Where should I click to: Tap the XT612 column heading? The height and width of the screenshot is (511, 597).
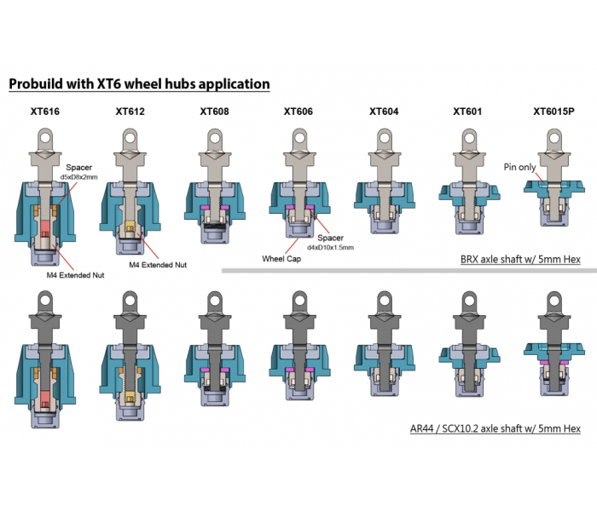(x=130, y=112)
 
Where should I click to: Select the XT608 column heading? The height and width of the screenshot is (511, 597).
(x=215, y=112)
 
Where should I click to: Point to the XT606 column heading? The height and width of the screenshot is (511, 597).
(x=299, y=112)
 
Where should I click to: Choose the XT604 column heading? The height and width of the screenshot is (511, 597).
(x=384, y=112)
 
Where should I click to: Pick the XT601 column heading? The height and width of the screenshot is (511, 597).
(x=467, y=112)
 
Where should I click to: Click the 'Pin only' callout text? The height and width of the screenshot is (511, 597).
(x=519, y=167)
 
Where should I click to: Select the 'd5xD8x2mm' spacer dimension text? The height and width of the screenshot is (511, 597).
(x=78, y=176)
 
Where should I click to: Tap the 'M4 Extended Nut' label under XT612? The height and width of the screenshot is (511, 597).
(x=158, y=265)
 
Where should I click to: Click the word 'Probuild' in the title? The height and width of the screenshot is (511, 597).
(x=38, y=83)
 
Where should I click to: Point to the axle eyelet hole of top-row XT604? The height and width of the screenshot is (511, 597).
(x=384, y=135)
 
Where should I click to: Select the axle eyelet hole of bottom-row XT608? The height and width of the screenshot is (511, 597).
(x=215, y=300)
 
